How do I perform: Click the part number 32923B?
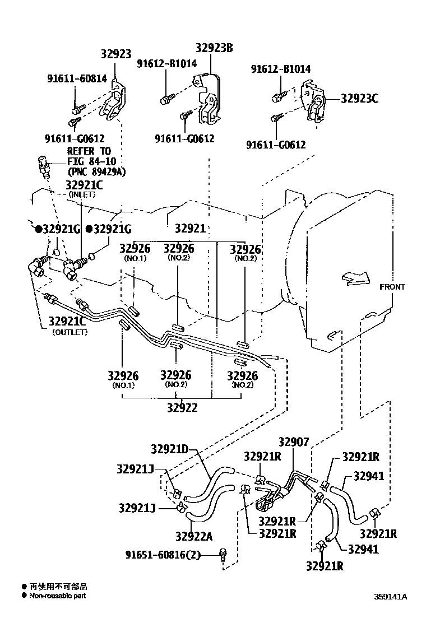click(214, 49)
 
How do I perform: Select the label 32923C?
click(359, 99)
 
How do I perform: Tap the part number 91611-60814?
click(76, 79)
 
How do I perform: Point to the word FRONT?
click(392, 287)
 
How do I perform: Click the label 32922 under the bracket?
click(182, 408)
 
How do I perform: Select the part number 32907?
click(294, 443)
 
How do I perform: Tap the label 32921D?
click(170, 449)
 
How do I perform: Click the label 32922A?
click(193, 536)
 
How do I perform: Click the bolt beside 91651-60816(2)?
click(224, 554)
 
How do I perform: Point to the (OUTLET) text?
click(70, 332)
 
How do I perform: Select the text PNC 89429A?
click(96, 172)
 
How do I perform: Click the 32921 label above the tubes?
click(190, 229)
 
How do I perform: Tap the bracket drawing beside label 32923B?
click(208, 101)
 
